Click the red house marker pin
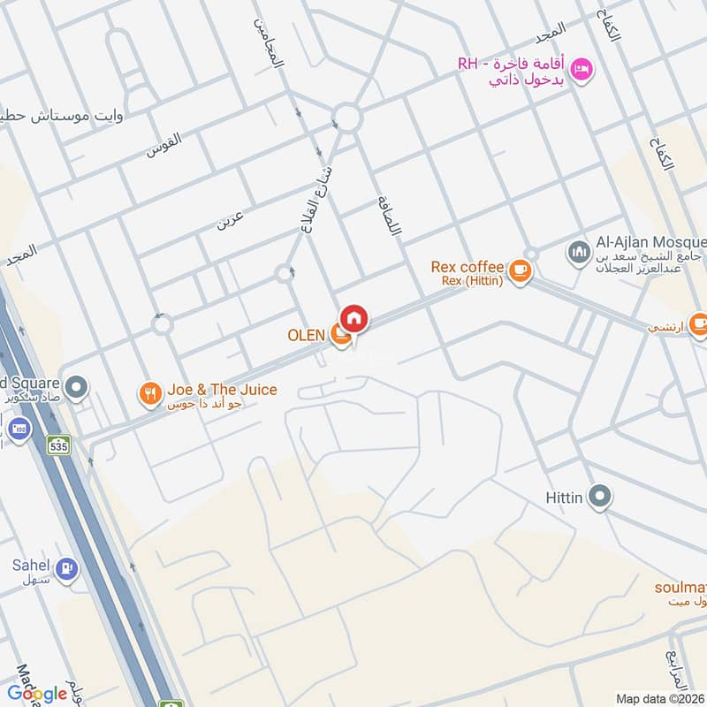(x=354, y=318)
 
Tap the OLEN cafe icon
(x=339, y=335)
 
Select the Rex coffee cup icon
(x=521, y=270)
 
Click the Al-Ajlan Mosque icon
(x=580, y=253)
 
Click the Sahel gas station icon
(x=65, y=570)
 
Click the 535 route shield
(x=59, y=445)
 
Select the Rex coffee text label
(x=468, y=267)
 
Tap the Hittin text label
(x=564, y=498)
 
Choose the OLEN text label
(x=306, y=336)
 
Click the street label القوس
(x=163, y=144)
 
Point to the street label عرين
(x=231, y=217)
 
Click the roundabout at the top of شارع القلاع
(x=346, y=117)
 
